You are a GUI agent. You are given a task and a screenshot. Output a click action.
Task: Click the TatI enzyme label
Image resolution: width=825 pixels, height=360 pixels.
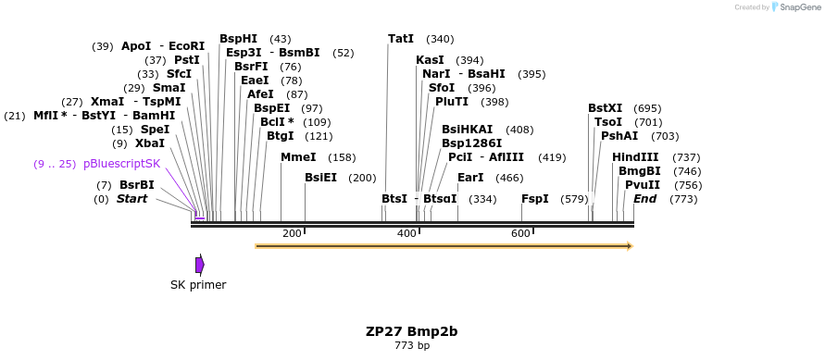(x=401, y=39)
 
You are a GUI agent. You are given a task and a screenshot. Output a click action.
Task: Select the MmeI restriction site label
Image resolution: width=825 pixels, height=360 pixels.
(x=298, y=157)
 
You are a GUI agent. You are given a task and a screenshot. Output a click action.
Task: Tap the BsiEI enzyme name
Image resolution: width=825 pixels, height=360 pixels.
(x=321, y=178)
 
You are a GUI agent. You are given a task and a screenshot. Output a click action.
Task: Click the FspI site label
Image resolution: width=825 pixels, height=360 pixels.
(x=535, y=199)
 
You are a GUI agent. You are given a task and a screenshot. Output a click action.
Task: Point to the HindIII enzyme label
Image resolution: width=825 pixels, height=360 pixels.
(x=635, y=157)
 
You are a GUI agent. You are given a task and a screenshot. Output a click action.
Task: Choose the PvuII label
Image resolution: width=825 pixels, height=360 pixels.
(x=643, y=185)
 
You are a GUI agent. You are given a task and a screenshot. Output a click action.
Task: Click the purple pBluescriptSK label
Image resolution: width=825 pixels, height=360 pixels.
(x=121, y=164)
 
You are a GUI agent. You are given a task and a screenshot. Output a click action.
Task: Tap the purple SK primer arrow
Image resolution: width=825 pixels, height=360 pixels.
(x=199, y=265)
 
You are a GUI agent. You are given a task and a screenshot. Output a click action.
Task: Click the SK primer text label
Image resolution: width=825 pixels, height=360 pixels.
(x=198, y=285)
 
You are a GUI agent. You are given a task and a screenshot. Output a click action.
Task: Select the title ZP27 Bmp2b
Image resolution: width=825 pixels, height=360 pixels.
(x=411, y=331)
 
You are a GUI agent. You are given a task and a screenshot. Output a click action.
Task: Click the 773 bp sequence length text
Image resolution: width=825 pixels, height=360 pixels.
(x=411, y=346)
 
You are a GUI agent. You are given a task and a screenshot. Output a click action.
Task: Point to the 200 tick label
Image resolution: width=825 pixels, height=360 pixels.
(x=292, y=234)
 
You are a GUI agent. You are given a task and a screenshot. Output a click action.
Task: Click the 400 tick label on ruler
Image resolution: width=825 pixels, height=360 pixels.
(x=406, y=234)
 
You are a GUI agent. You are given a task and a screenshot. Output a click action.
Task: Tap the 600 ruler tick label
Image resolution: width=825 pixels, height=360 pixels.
(x=520, y=234)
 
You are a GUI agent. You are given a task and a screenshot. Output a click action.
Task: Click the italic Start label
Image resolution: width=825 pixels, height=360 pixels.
(x=131, y=199)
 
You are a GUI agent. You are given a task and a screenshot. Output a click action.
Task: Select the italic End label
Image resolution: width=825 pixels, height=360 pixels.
(x=645, y=199)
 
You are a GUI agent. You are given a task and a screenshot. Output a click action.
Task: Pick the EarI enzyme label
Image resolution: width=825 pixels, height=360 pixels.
(x=470, y=178)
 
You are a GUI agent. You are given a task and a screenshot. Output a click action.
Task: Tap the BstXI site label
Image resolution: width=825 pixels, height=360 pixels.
(x=606, y=108)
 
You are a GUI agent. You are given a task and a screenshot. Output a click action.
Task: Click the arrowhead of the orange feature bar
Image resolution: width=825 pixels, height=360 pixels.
(x=630, y=246)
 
